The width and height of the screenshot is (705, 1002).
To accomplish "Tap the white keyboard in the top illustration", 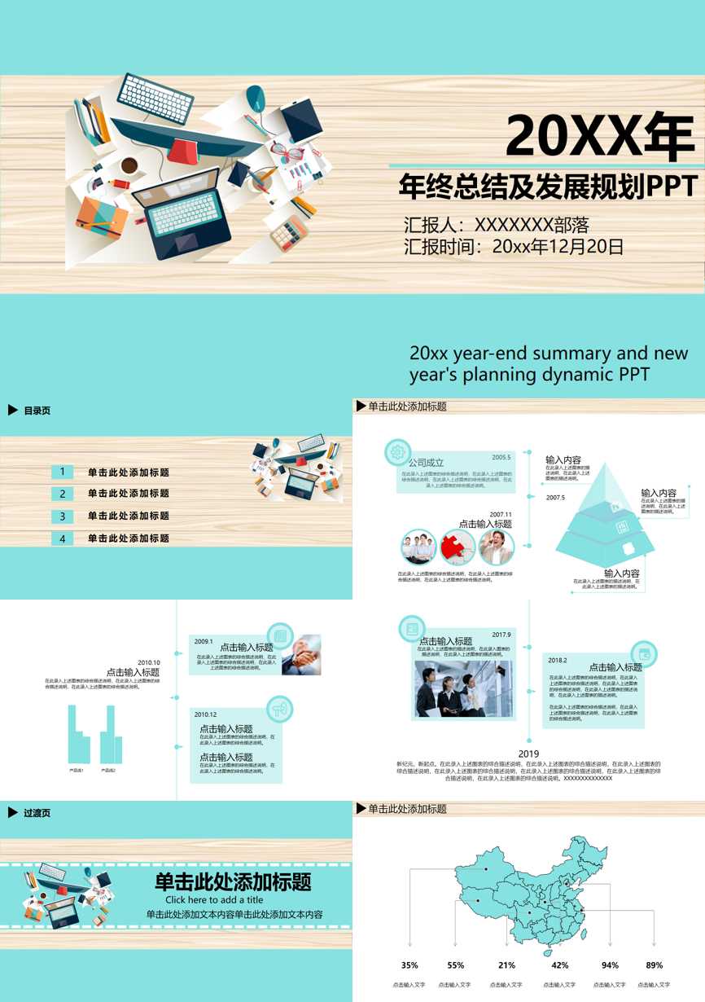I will coord(155,99).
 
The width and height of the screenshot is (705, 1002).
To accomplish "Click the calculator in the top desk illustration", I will coord(289,232).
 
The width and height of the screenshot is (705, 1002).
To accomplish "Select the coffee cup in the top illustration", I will coord(129,166).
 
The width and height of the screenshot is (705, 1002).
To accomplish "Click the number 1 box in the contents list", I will coord(62,472).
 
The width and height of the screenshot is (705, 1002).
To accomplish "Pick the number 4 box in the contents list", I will coord(62,538).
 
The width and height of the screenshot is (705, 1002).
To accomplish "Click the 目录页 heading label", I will coord(37,411).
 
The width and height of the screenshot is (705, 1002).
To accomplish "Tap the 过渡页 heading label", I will coord(37,813).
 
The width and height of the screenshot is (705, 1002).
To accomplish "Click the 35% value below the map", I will coord(409,965).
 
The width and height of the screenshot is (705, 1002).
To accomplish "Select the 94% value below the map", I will coord(610,965).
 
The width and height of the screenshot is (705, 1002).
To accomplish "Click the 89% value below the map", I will coord(654,965).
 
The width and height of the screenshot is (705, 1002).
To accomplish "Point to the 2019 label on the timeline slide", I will coord(529,754).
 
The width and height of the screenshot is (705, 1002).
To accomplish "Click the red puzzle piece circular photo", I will coord(458,547).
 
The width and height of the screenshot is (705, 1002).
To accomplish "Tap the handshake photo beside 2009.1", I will coord(301,656).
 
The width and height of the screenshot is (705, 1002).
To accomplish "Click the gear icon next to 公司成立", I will coord(397,451).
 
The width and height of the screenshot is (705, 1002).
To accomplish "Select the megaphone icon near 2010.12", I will coord(279,709).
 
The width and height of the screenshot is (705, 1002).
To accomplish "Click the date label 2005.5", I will coord(501,457).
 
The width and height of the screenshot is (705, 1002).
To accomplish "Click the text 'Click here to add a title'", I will coord(214,900).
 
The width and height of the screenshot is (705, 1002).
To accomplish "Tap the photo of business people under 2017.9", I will coord(463,689).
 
